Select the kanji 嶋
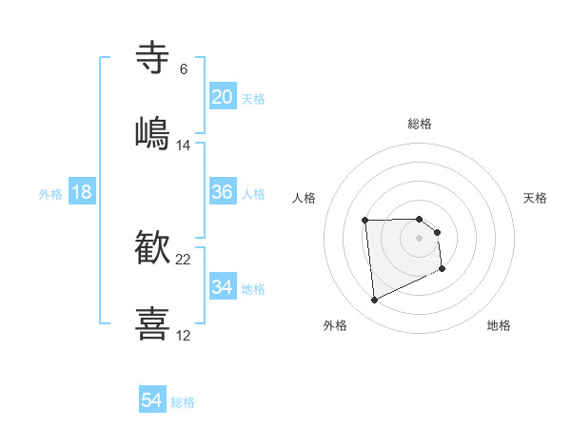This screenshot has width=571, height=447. pos(153,133)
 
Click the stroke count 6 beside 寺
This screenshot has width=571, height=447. pos(184,68)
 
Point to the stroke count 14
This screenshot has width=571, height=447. pos(184,146)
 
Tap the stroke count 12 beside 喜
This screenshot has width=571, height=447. pos(184,335)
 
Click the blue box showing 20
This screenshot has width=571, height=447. pos(223,97)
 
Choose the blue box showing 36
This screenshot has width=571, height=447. pos(223,192)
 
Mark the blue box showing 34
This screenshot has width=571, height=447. pos(223,287)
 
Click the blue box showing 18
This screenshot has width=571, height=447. pos(82,192)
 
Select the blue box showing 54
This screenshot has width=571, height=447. pos(152,400)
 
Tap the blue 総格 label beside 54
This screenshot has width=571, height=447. pos(183,402)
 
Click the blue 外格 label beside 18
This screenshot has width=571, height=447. pos(50,193)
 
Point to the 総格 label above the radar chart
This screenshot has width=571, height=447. pos(420,124)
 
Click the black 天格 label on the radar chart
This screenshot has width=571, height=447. pos(535,198)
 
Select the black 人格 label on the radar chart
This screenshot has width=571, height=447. pos(305,198)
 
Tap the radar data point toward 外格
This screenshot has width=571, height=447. pos(374,301)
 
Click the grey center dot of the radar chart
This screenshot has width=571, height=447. pos(420,237)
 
